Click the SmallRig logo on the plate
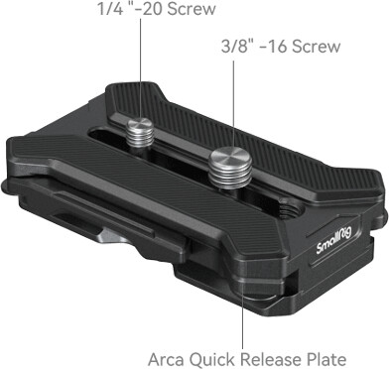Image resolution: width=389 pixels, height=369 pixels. coord(333,243)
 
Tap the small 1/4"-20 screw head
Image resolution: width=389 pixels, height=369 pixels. coord(141,124)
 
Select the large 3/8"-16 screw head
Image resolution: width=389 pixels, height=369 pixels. coord(230,156)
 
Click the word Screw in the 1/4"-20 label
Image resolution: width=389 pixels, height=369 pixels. coord(192,9)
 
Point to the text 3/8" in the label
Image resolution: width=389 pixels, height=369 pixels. coord(235,46)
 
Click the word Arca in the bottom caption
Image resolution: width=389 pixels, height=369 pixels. coord(167,359)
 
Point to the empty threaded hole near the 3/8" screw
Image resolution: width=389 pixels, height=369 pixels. coord(290,207)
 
